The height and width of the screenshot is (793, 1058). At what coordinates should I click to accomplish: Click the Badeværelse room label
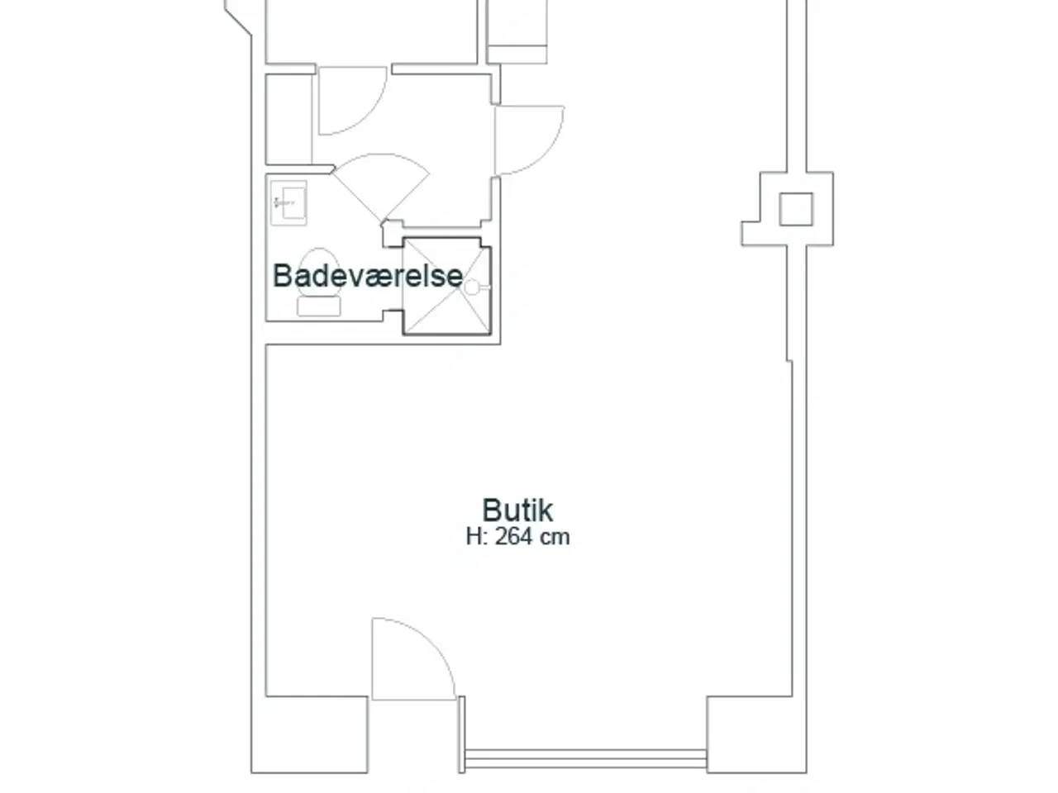368,276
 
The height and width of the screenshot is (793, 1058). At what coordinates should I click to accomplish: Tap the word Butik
517,510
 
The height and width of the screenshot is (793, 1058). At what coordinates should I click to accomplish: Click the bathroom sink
288,202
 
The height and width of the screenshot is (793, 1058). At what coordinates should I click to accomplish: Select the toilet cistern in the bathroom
318,306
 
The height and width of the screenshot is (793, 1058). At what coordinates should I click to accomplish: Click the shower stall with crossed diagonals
447,286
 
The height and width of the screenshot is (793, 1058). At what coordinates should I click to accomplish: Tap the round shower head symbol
472,287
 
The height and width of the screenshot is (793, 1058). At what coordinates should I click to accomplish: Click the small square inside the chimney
796,209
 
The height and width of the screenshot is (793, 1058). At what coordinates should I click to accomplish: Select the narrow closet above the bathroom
288,119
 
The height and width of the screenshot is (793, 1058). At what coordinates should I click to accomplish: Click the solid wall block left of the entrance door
309,734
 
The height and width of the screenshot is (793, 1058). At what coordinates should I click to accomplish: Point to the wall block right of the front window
757,734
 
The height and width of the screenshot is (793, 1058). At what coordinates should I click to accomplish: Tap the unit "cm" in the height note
555,537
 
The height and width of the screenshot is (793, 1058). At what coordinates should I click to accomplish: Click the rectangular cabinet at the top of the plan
517,31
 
